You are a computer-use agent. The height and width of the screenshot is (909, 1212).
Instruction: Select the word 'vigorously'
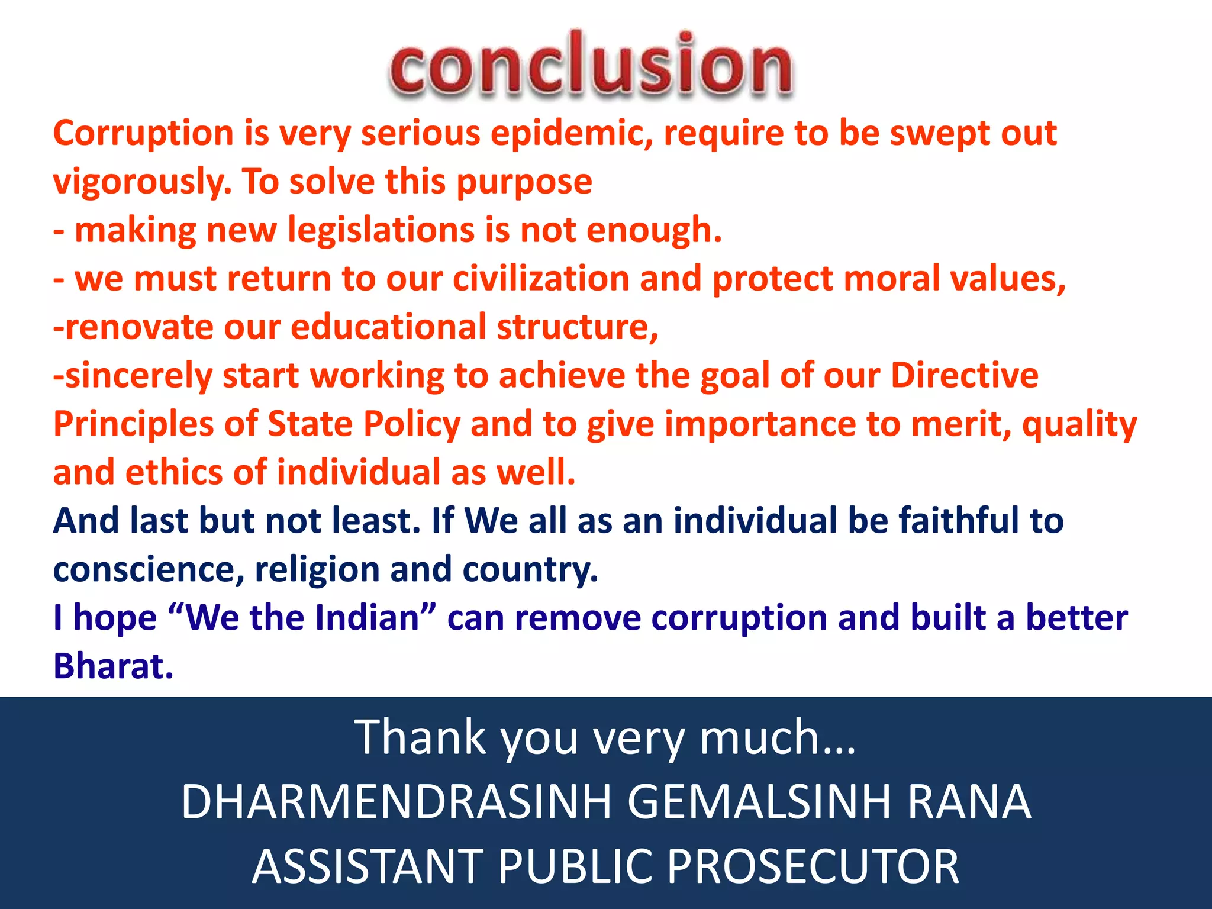click(141, 182)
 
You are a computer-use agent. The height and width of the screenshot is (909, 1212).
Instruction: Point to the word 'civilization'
click(541, 279)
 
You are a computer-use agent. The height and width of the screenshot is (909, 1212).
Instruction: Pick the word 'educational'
click(388, 327)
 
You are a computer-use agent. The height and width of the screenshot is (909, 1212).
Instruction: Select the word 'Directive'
click(964, 376)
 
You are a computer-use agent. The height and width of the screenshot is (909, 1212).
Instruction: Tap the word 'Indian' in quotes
click(368, 618)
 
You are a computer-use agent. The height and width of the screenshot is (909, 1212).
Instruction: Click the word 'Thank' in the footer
click(420, 737)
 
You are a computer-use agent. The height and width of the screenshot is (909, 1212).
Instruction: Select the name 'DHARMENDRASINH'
click(396, 802)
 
